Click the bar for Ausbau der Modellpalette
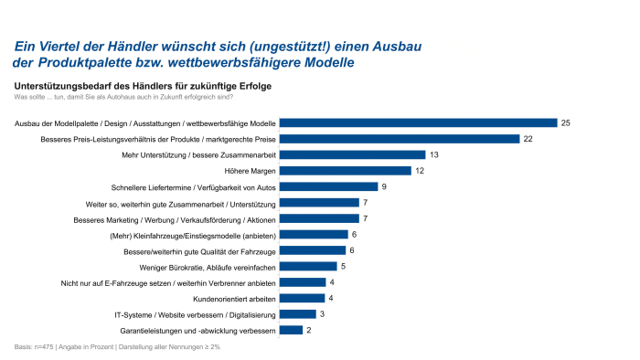click(x=418, y=122)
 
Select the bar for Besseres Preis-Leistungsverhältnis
click(x=400, y=139)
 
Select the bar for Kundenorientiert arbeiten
click(x=301, y=298)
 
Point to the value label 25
click(x=567, y=122)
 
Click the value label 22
click(x=528, y=139)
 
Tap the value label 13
click(x=434, y=155)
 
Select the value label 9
click(x=385, y=186)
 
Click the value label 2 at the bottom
click(x=308, y=330)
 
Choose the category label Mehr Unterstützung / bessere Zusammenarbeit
click(x=197, y=155)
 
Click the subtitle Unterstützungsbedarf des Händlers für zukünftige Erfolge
click(x=143, y=86)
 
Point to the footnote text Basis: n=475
click(x=34, y=347)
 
